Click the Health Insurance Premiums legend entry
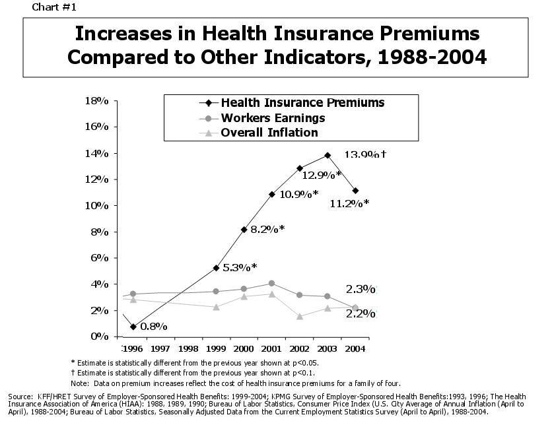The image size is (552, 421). coord(302,103)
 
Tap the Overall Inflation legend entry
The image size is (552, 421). coord(269,133)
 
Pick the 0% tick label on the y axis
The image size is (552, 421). coord(101,336)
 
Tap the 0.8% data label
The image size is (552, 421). coord(153,326)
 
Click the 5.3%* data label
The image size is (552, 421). coord(239,267)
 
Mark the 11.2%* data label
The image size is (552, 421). coord(350,203)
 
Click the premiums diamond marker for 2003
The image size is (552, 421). coord(327,155)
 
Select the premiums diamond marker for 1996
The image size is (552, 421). coord(133,327)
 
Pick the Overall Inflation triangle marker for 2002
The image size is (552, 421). coord(300,316)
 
